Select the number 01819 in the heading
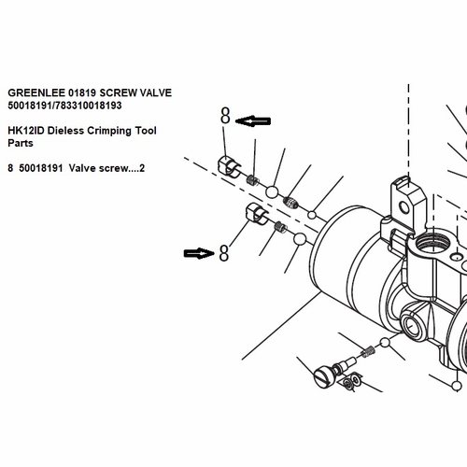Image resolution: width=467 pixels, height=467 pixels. coord(82,92)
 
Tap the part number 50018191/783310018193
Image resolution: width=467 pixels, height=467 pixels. coord(64,106)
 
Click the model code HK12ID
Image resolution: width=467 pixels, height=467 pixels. coord(26,131)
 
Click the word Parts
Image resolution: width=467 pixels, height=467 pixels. coord(21,143)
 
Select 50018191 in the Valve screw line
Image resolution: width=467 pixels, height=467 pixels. coord(41,168)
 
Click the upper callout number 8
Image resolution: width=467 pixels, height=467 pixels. coord(225,116)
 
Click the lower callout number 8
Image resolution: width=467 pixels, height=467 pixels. coord(224,253)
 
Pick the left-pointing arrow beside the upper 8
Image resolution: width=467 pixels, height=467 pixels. coord(253,120)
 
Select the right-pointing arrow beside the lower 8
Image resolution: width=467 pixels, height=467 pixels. coord(199,253)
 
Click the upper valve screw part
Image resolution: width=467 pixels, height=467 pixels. coord(229,166)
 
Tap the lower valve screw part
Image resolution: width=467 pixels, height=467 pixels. coord(257,213)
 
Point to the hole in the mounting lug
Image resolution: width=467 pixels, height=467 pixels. coord(404,207)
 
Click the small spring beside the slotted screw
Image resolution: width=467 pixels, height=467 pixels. coord(368,351)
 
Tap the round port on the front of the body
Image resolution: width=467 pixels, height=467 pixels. coord(413,327)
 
